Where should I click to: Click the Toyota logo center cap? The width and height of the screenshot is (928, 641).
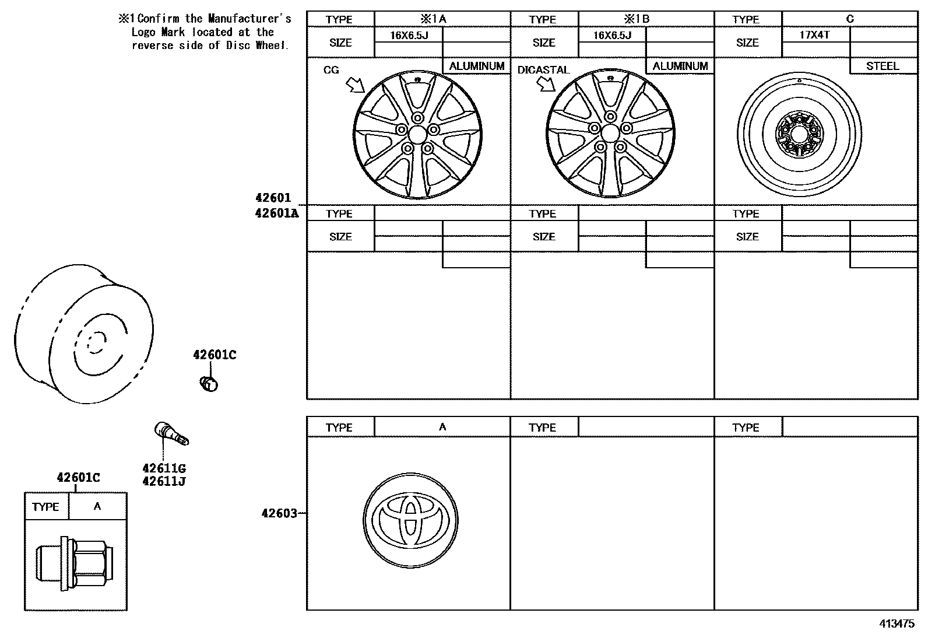point(410,519)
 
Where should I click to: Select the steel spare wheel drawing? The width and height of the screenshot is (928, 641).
point(799,135)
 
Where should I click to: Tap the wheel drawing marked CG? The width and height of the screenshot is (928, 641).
point(418,135)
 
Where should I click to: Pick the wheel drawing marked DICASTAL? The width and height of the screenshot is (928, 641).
point(610,135)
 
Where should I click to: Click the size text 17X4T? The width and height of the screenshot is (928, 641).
point(814,35)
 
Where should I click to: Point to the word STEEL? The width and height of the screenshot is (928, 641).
point(883,66)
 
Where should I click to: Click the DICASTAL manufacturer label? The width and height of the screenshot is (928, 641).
point(543,70)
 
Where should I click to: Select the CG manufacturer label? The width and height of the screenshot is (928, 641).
point(331,70)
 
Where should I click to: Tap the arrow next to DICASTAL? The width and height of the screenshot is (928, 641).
point(546,85)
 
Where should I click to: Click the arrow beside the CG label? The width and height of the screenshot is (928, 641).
point(355,86)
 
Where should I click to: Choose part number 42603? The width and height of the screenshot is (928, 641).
point(279,513)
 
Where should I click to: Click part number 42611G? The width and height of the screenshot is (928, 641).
point(164,468)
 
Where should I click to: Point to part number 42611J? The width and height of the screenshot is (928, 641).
point(164,482)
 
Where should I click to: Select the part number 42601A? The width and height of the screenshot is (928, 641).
point(276,213)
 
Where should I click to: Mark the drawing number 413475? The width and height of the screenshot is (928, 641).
point(897,624)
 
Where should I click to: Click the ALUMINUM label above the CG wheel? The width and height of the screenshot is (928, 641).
point(476,66)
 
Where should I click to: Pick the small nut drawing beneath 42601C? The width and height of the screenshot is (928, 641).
point(209,384)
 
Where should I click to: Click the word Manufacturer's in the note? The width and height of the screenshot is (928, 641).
point(249,19)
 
